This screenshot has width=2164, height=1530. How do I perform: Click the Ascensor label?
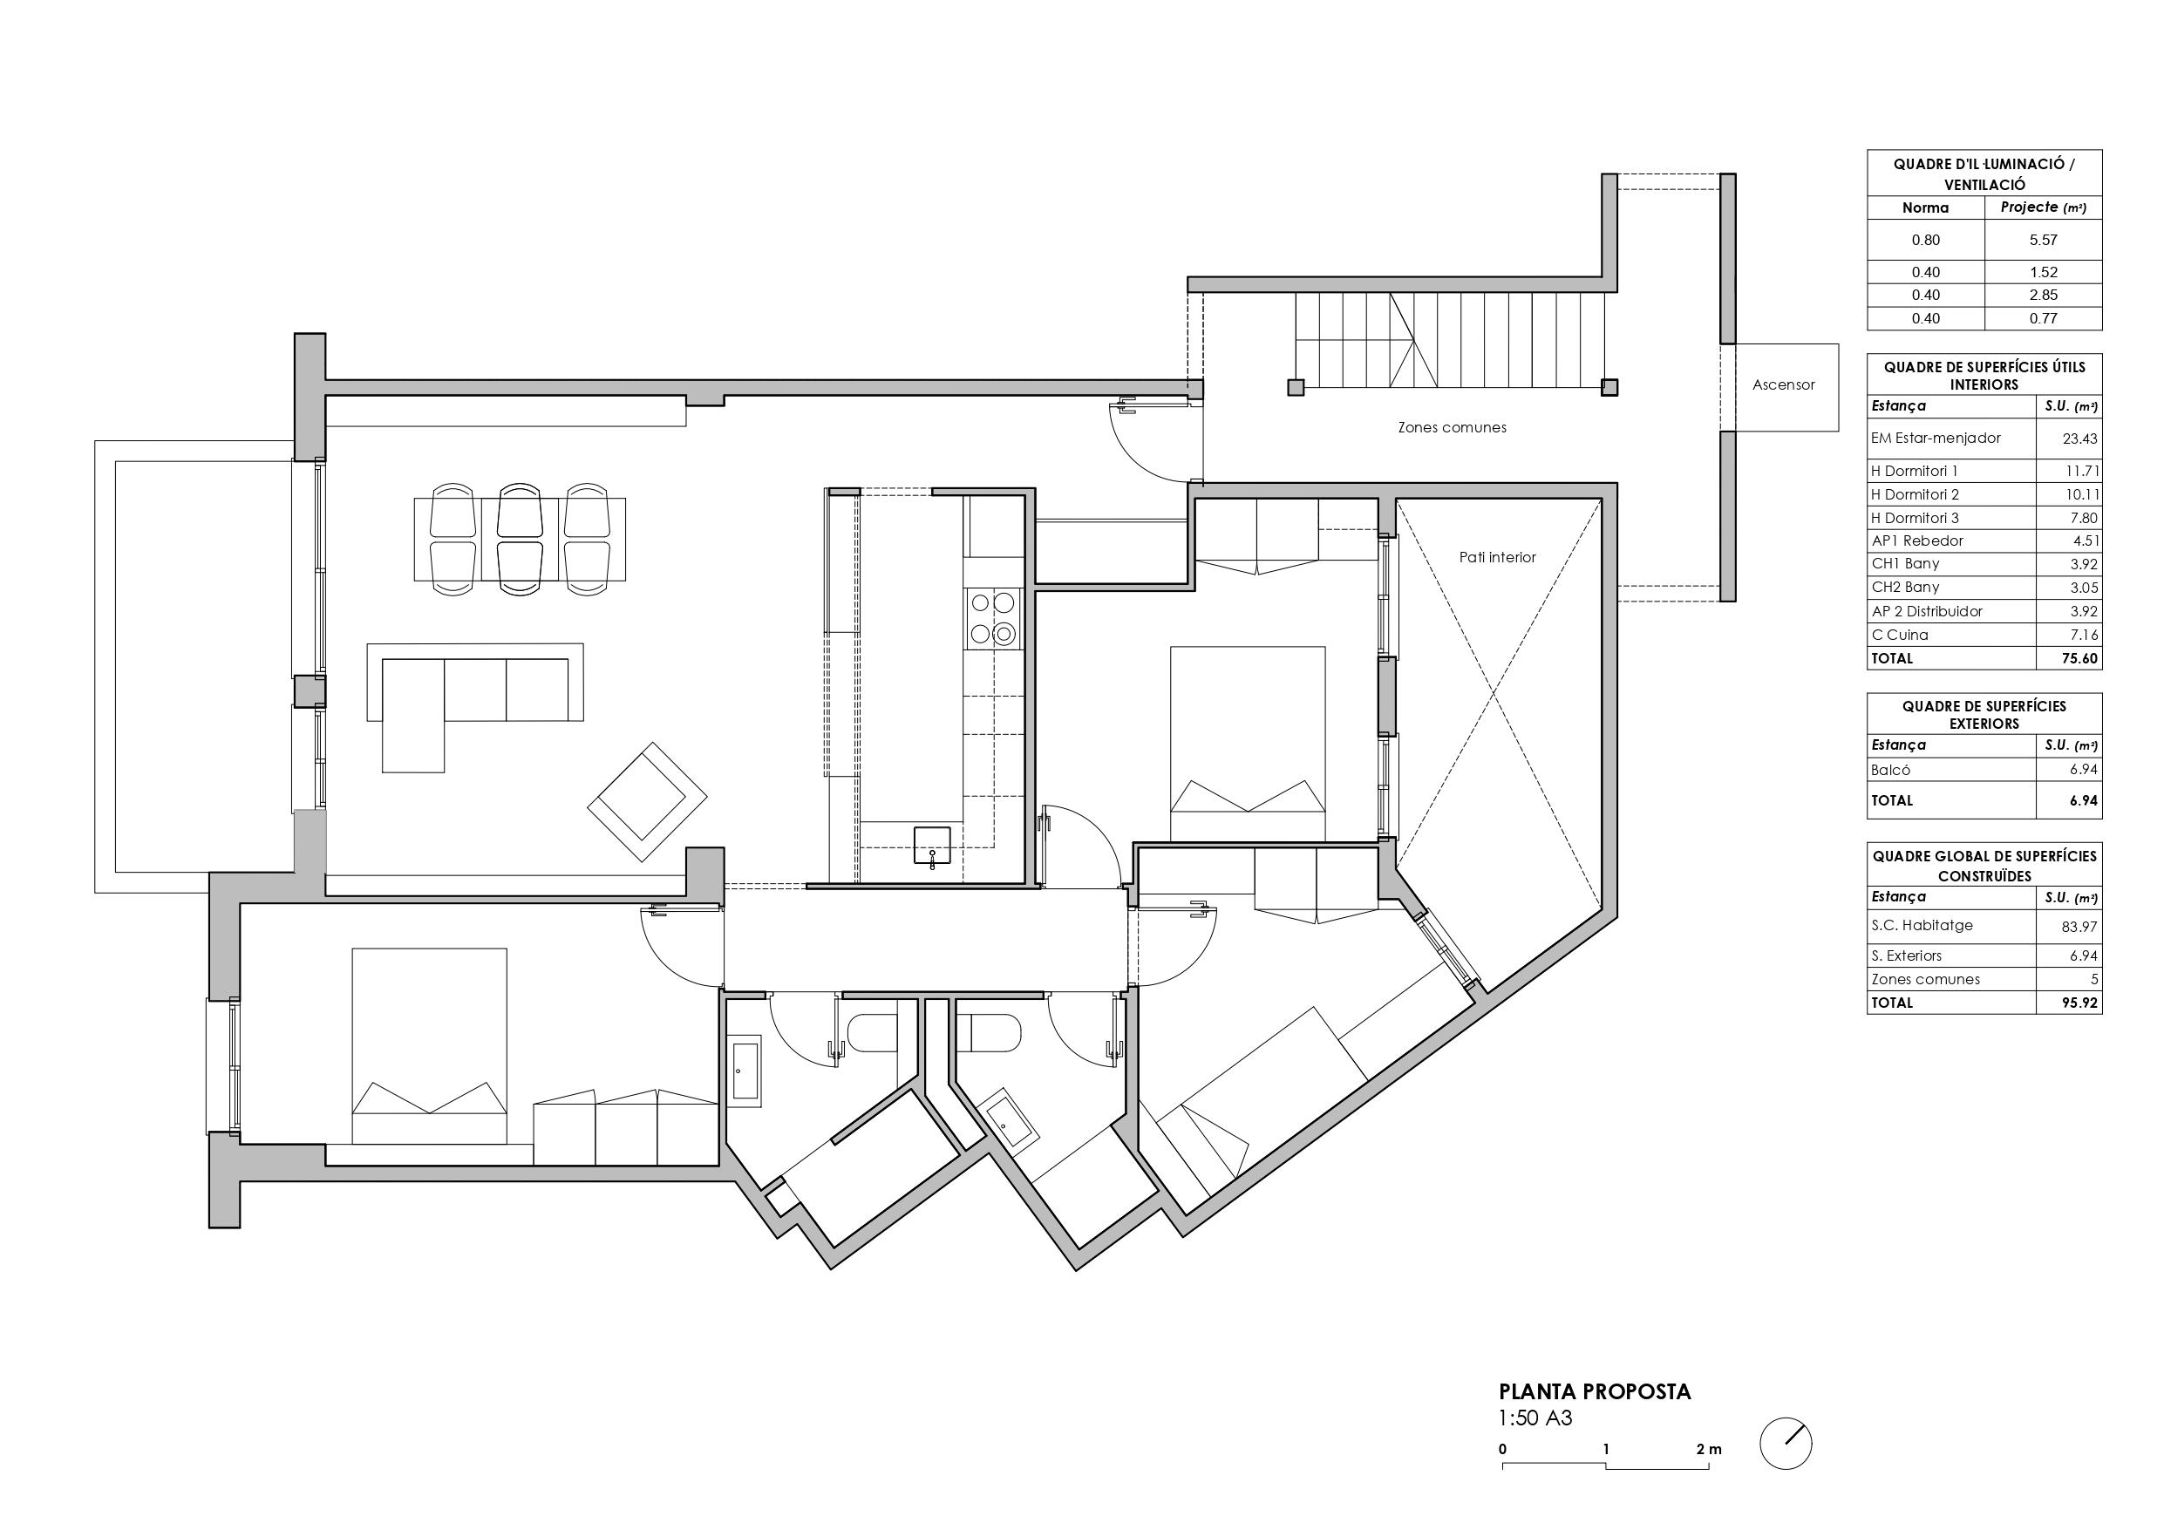pos(1783,384)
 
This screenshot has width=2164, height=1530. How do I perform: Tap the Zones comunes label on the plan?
pos(1452,427)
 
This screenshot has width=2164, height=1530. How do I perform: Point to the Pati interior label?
pos(1498,557)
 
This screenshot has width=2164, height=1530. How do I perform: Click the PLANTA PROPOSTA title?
pos(1595,1391)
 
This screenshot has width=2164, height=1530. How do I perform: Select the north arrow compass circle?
pos(1786,1444)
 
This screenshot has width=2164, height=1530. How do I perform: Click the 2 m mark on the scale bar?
pos(1709,1449)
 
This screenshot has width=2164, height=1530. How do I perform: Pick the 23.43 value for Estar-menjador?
pos(2079,439)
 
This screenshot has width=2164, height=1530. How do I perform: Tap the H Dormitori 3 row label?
pos(1916,518)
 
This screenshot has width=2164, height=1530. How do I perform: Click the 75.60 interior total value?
pos(2079,658)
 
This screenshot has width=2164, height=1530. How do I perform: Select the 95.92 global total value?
pos(2079,1003)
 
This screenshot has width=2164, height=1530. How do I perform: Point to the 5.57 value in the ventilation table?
pos(2044,240)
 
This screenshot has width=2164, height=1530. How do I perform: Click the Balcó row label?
pos(1891,769)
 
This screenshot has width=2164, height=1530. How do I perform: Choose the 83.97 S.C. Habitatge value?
pos(2080,927)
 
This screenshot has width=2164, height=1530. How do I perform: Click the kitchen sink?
pos(932,846)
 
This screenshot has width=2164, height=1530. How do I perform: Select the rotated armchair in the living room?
pos(648,801)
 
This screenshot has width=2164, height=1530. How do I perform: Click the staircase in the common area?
pos(1451,340)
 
